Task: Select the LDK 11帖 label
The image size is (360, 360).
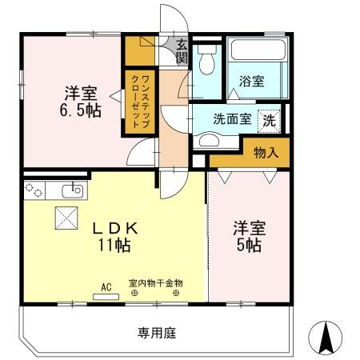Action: (120, 237)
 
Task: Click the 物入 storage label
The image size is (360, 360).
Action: (266, 152)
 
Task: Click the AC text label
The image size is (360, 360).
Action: (106, 284)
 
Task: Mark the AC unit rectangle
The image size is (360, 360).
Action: (106, 296)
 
